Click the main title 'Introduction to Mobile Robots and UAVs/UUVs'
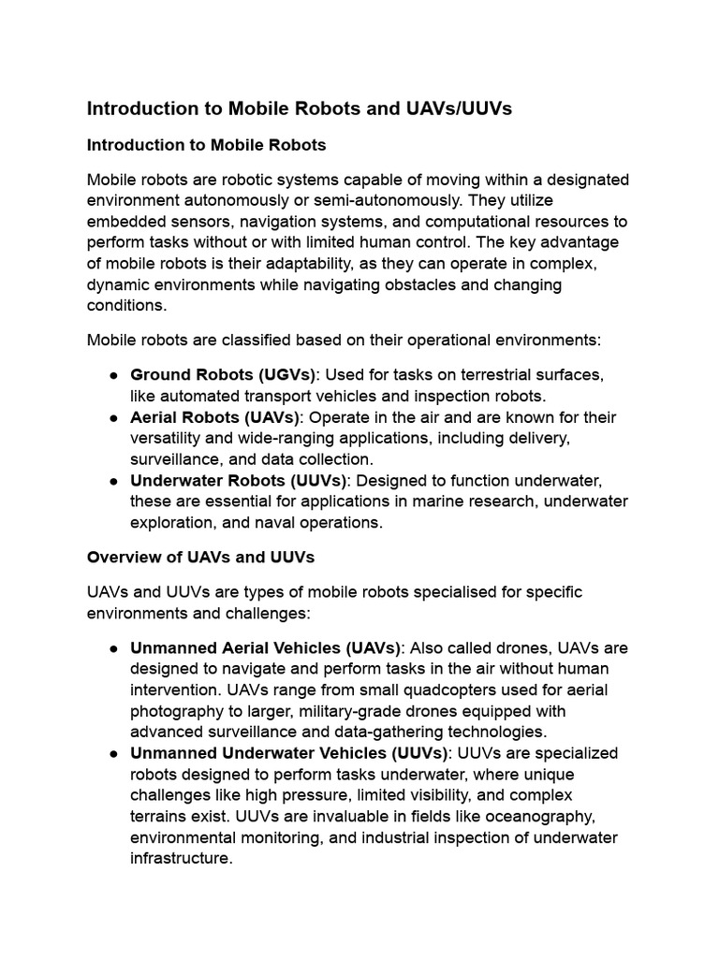tap(300, 109)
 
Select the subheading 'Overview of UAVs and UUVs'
tap(200, 557)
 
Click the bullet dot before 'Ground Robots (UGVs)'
tap(112, 375)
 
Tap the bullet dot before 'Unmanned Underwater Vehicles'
tap(112, 754)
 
